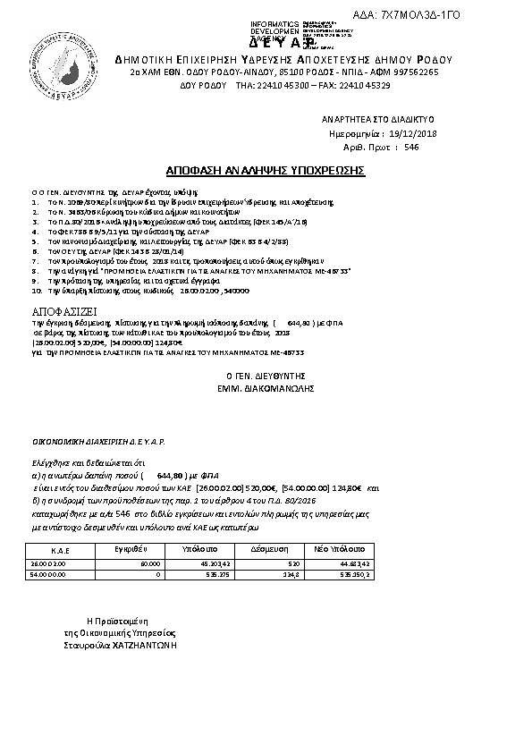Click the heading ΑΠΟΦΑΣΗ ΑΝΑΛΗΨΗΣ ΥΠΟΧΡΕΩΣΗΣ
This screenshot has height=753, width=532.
click(x=266, y=169)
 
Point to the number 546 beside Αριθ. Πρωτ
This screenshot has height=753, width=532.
click(x=411, y=147)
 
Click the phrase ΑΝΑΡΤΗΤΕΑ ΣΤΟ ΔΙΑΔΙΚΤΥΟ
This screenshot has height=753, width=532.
click(x=377, y=118)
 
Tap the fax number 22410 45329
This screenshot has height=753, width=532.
click(x=367, y=86)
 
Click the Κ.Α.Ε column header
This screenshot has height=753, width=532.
click(x=62, y=550)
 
